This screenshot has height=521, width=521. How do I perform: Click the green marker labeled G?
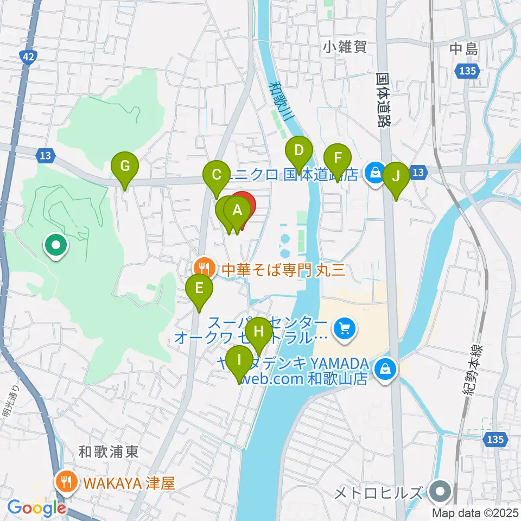pyautogui.click(x=125, y=166)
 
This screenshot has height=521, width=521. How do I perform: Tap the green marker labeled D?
pyautogui.click(x=298, y=151)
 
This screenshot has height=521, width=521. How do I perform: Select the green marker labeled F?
pyautogui.click(x=338, y=159)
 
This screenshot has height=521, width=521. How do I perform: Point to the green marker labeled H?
pyautogui.click(x=258, y=331)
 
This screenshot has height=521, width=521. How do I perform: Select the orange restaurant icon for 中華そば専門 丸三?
pyautogui.click(x=204, y=268)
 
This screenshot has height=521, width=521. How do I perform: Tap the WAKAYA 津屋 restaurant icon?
pyautogui.click(x=67, y=481)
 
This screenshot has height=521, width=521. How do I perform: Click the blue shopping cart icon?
pyautogui.click(x=344, y=328)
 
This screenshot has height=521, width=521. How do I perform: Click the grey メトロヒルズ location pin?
pyautogui.click(x=439, y=493)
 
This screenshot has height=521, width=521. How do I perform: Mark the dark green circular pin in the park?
pyautogui.click(x=56, y=246)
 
